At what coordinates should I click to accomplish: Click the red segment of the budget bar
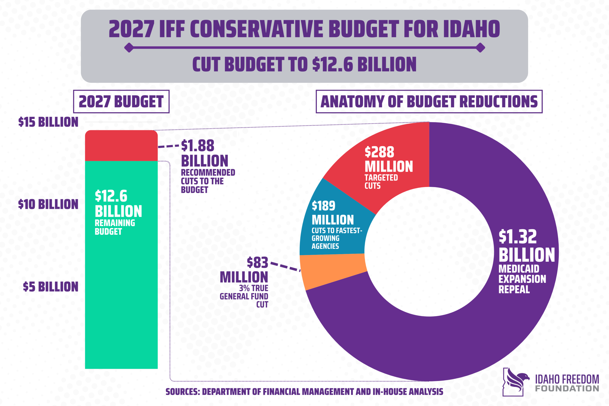[121, 146]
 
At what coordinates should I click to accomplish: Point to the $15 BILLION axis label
[48, 122]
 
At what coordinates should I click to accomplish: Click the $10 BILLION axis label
[48, 204]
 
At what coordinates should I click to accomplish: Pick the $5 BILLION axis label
[50, 287]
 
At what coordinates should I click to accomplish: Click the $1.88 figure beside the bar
[197, 146]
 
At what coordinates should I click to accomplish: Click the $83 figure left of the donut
[257, 263]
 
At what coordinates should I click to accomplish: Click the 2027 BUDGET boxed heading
[121, 102]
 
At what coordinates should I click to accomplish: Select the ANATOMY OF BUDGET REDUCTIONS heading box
[429, 102]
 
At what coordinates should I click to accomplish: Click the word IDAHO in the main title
[471, 29]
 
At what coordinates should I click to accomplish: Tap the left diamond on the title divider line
[129, 48]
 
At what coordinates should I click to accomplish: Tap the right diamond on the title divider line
[480, 48]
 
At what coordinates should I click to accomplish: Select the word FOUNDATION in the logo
[567, 389]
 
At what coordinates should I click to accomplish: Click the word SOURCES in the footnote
[182, 392]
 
